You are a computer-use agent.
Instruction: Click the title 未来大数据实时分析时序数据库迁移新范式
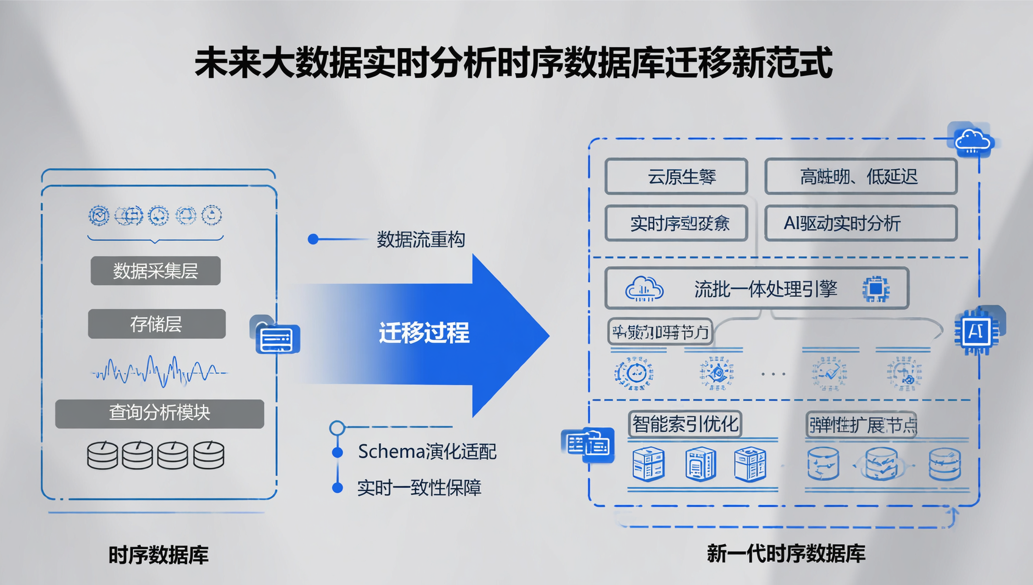pyautogui.click(x=513, y=63)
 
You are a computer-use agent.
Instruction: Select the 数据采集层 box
pyautogui.click(x=155, y=271)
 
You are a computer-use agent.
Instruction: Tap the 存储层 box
pyautogui.click(x=157, y=324)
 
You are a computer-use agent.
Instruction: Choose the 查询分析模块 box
pyautogui.click(x=160, y=413)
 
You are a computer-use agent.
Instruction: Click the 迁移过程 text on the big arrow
pyautogui.click(x=424, y=333)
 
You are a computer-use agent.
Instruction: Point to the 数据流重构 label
pyautogui.click(x=421, y=239)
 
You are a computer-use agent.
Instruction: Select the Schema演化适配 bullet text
pyautogui.click(x=427, y=452)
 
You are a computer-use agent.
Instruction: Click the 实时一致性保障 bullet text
pyautogui.click(x=419, y=487)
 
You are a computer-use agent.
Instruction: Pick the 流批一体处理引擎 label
pyautogui.click(x=766, y=289)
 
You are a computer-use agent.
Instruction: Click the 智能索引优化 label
pyautogui.click(x=685, y=424)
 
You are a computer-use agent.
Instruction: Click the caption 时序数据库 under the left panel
pyautogui.click(x=158, y=555)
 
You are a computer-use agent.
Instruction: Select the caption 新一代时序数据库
pyautogui.click(x=786, y=553)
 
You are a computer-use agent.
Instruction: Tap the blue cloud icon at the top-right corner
pyautogui.click(x=973, y=141)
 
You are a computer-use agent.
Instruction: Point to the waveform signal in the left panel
pyautogui.click(x=158, y=370)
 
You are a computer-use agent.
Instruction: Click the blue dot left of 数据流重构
pyautogui.click(x=313, y=239)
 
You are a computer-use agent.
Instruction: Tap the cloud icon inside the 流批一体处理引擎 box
pyautogui.click(x=644, y=289)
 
